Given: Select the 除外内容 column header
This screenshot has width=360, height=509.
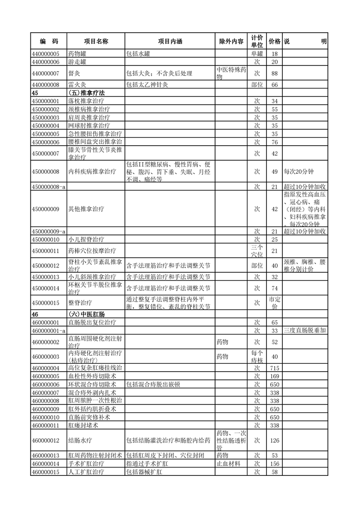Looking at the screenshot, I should pos(231,41).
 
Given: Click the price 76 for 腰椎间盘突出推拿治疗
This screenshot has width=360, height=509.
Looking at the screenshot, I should pos(274,142).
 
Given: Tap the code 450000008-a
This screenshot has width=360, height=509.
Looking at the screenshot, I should pos(48,186).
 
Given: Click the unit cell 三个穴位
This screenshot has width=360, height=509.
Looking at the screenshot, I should pos(257,250).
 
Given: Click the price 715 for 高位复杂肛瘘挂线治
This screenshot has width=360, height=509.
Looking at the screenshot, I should pos(274,367).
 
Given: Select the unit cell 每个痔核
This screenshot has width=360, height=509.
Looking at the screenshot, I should pos(257,356).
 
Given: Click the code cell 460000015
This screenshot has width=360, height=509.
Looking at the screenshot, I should pos(45,472).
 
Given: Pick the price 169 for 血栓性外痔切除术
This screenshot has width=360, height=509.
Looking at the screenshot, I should pos(274,376).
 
